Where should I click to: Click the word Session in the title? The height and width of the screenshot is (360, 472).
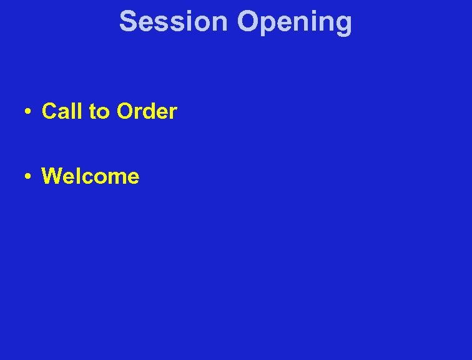174,21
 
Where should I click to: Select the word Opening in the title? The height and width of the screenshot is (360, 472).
295,22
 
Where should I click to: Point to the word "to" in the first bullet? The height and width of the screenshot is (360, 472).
99,112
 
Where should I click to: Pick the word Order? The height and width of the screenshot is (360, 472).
147,111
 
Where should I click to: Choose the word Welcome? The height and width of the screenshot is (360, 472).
91,176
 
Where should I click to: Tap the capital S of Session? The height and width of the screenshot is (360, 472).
128,21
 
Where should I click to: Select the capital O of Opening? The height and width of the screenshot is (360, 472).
248,21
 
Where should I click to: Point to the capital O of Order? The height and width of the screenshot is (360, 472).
125,111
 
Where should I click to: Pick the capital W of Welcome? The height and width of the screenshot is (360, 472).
52,176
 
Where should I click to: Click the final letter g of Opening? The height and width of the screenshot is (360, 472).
344,25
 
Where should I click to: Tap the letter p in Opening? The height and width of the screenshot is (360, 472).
269,25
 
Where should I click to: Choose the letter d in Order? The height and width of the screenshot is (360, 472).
152,111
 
